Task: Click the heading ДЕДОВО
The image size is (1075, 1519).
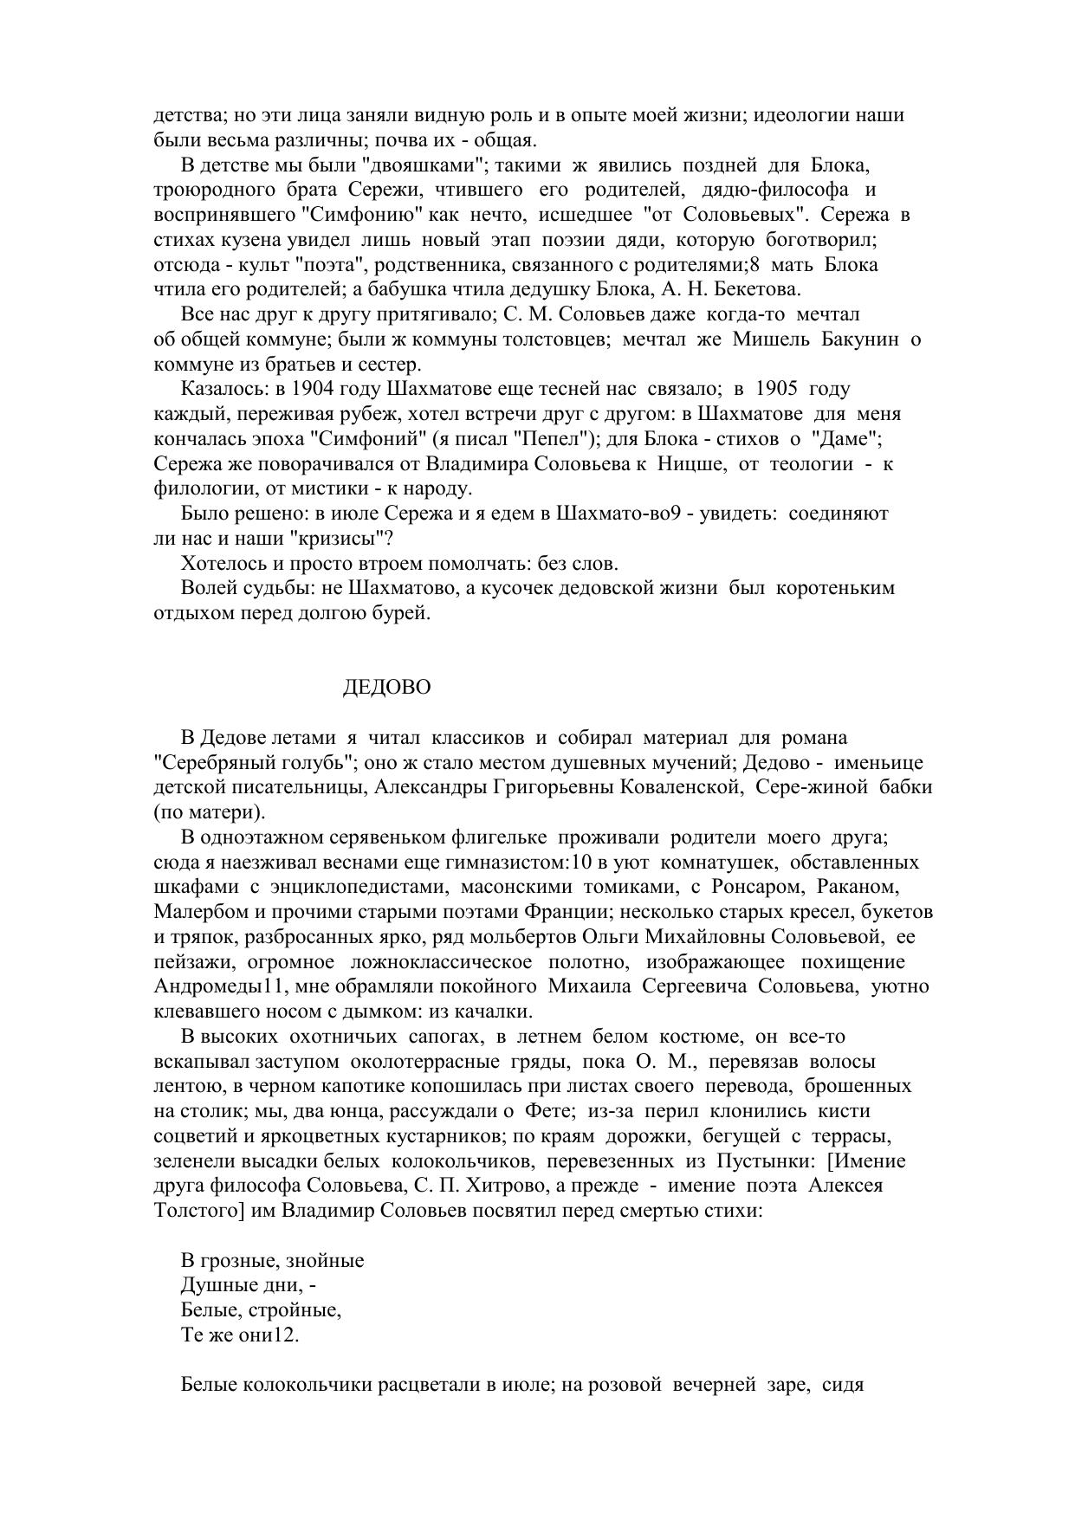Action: tap(386, 688)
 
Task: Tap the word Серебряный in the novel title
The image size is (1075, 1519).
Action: tap(203, 763)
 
